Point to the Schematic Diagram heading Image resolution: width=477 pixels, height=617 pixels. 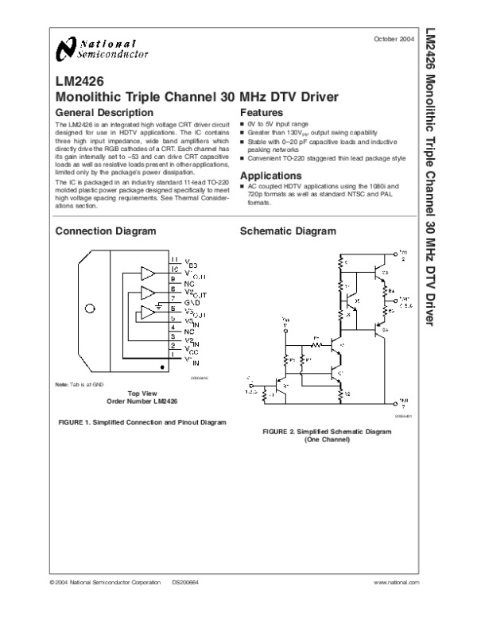point(288,231)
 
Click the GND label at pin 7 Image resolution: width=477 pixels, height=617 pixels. point(192,304)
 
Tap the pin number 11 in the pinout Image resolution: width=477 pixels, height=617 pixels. point(174,260)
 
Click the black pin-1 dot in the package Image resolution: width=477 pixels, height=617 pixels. point(164,367)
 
